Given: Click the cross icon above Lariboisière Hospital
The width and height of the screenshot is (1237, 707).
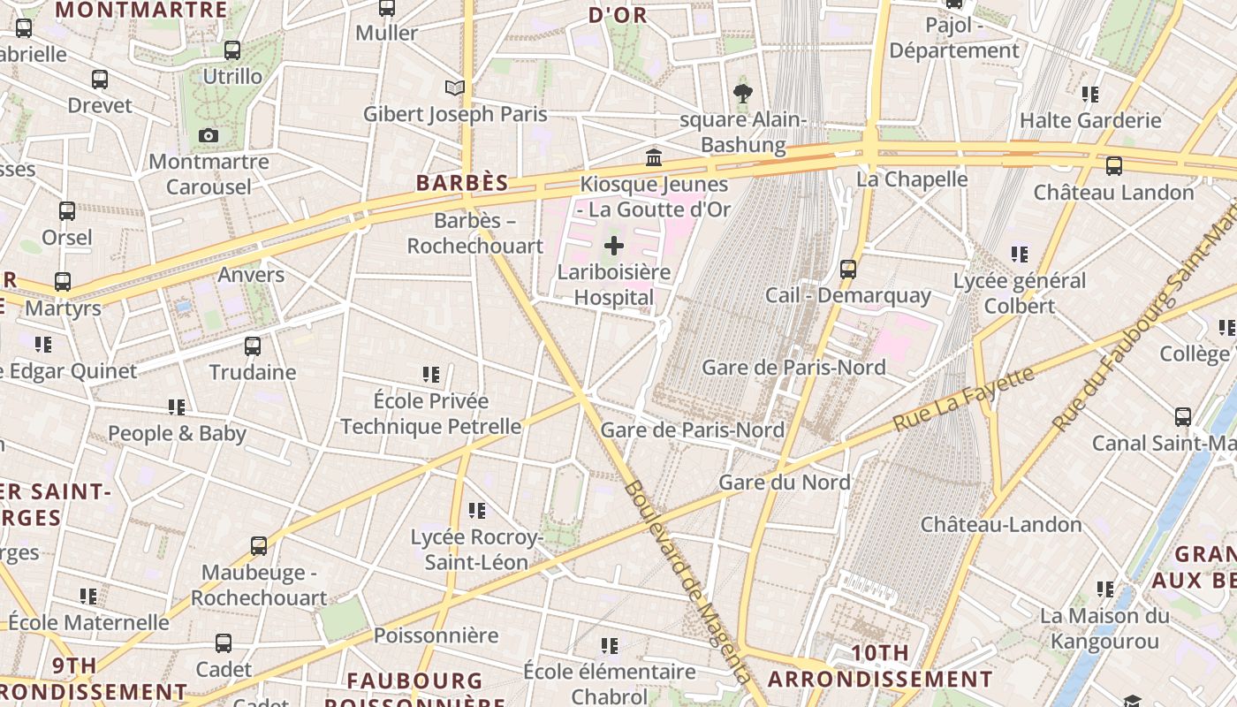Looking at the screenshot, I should coord(614,246).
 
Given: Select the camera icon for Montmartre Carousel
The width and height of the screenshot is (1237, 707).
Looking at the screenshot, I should coord(209,135).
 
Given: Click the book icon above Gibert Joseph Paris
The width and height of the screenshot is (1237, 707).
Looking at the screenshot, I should coord(455,87).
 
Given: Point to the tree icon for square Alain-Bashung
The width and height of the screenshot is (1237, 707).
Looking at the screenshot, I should coord(743,93).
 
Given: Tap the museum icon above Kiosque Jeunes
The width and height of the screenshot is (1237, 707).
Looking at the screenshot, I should coord(654,157).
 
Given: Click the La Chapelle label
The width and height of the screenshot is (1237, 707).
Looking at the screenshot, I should coord(913,179).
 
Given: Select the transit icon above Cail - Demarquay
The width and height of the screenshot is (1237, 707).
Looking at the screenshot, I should coord(848,268).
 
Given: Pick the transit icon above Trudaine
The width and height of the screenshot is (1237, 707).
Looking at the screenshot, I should coord(253,346).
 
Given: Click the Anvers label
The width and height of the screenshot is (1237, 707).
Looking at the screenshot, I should coord(251,275).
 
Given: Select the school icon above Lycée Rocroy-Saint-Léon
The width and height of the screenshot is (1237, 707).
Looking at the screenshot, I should coord(477,510).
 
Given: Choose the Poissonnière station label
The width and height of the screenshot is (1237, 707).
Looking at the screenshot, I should coord(436,635).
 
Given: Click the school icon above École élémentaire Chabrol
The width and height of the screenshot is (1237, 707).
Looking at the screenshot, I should coord(610,646).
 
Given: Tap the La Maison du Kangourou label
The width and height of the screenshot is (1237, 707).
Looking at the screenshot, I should coord(1104,627).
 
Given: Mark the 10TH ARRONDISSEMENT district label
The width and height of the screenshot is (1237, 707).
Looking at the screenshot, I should coord(880,666).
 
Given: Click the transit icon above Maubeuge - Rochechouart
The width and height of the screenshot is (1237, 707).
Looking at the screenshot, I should coord(259,545).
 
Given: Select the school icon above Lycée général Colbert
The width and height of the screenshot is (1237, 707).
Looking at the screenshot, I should coord(1020,255).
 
